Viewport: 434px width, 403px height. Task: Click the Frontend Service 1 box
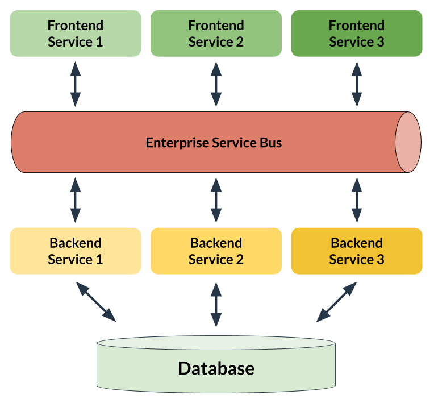76,33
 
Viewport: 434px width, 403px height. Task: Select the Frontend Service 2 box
216,33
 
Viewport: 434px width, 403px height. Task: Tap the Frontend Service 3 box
357,33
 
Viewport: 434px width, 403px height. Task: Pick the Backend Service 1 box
76,251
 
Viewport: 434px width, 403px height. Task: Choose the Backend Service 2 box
216,251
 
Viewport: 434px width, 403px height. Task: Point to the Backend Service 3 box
357,251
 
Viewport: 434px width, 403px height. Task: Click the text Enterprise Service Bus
214,142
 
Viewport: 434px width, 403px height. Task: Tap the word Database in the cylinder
216,368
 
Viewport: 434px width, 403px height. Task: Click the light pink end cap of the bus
408,142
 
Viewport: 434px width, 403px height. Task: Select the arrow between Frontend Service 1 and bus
76,84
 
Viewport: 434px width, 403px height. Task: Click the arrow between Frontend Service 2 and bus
216,84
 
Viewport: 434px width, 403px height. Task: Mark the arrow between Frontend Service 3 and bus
357,84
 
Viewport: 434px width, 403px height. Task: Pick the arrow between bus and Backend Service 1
76,200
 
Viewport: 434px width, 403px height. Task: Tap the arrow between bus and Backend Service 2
216,200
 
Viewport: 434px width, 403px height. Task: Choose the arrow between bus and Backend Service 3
357,200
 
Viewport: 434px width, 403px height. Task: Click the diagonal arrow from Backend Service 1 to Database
97,302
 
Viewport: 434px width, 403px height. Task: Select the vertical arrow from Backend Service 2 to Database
216,304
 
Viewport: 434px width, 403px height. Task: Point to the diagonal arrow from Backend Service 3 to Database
336,302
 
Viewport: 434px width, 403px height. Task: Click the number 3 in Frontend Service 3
380,42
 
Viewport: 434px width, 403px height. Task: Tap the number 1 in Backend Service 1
99,260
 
